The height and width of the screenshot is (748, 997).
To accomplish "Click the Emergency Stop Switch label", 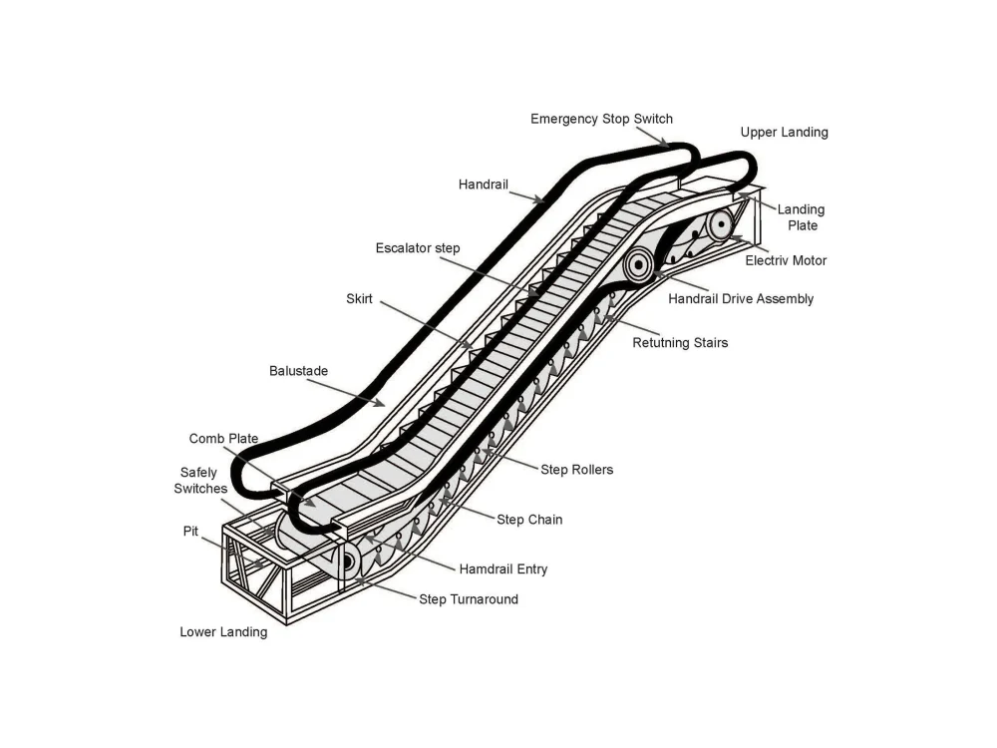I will pyautogui.click(x=601, y=119).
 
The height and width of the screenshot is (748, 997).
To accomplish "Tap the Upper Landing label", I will pyautogui.click(x=784, y=132).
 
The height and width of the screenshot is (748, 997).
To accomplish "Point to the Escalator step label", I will pyautogui.click(x=418, y=247).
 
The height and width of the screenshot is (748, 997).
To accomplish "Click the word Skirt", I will pyautogui.click(x=359, y=298).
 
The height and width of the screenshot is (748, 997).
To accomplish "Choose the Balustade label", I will pyautogui.click(x=298, y=371).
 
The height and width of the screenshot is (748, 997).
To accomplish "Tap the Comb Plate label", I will pyautogui.click(x=223, y=439).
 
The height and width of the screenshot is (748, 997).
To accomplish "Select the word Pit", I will pyautogui.click(x=191, y=532).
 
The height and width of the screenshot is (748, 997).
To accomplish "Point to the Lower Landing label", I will pyautogui.click(x=223, y=631).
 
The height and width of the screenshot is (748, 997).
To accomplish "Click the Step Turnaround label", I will pyautogui.click(x=469, y=599).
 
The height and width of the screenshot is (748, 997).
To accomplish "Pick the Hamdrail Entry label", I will pyautogui.click(x=502, y=569).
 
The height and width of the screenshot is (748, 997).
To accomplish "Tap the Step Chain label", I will pyautogui.click(x=529, y=520).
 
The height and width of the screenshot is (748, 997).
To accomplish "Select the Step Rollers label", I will pyautogui.click(x=576, y=470).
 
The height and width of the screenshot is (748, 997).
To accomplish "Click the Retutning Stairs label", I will pyautogui.click(x=680, y=343).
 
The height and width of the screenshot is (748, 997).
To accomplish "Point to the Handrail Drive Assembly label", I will pyautogui.click(x=741, y=298).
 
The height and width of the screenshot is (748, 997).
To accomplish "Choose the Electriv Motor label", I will pyautogui.click(x=786, y=261).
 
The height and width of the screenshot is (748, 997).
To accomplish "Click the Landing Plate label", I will pyautogui.click(x=801, y=217).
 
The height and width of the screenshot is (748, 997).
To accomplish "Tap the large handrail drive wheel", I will pyautogui.click(x=639, y=264).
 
